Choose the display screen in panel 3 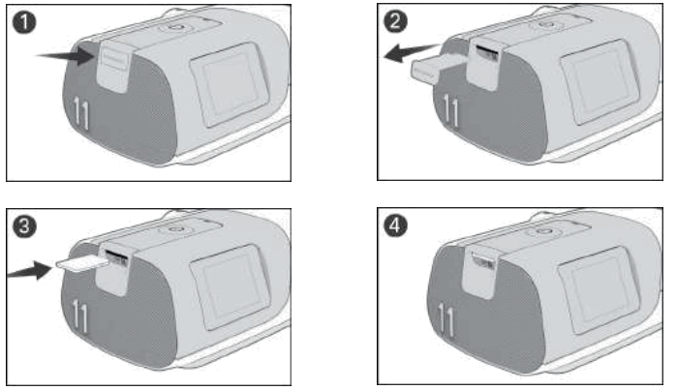tap(225, 297)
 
